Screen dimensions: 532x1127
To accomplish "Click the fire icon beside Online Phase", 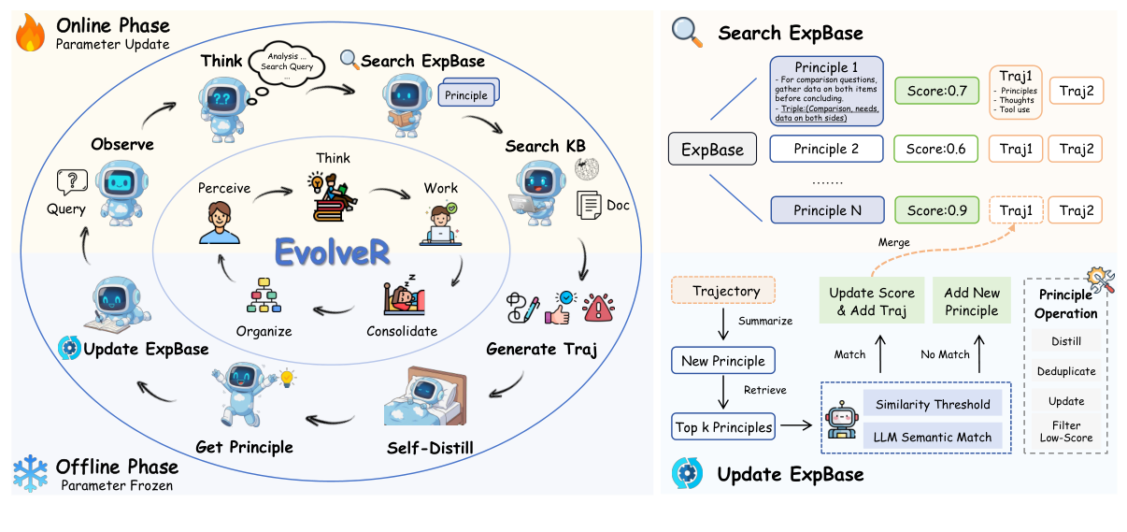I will (30, 35).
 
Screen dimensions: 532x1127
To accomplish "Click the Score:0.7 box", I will (935, 91).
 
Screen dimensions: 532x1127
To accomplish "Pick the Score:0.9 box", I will (935, 210).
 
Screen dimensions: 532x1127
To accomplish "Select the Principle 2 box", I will (826, 149).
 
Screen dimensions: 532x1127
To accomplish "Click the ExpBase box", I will (712, 150).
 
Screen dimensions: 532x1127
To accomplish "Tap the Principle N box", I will (826, 210).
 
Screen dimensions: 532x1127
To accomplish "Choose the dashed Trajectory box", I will (721, 292).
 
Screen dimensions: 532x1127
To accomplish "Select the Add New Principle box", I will (971, 301).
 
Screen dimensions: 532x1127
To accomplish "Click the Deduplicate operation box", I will (1065, 371).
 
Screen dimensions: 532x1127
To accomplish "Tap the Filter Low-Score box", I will (1065, 431).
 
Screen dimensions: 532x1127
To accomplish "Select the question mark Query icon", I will (72, 181).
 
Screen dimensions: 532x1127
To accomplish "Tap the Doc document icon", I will (589, 203).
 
